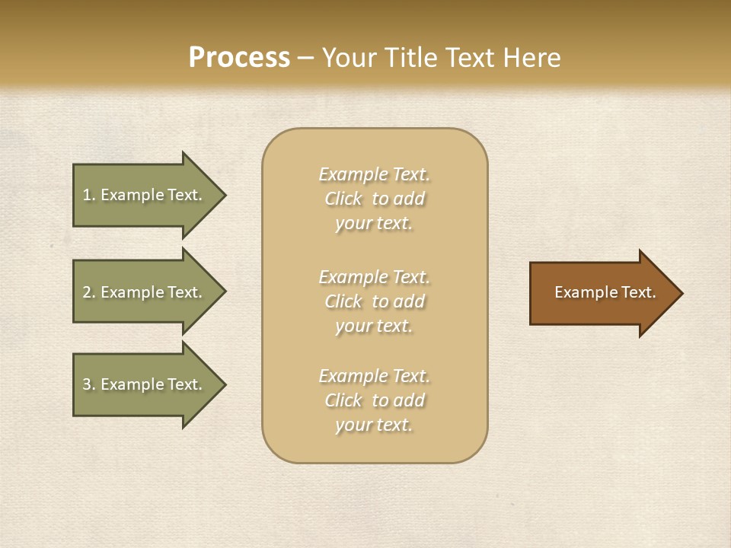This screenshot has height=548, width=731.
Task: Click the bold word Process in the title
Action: click(x=239, y=57)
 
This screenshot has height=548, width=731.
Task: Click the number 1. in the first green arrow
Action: click(x=89, y=195)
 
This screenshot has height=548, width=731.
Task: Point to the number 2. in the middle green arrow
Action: click(x=89, y=292)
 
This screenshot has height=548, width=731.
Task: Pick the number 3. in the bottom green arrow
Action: click(x=89, y=384)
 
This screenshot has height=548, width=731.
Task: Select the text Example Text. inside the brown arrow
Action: click(x=605, y=292)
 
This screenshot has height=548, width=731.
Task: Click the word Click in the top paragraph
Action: click(x=343, y=199)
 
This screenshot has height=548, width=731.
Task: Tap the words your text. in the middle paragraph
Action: click(x=373, y=326)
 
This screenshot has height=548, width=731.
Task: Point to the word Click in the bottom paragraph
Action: click(x=343, y=400)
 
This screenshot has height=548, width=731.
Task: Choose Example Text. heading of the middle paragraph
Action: click(x=374, y=277)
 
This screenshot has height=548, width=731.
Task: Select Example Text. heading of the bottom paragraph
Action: click(x=374, y=376)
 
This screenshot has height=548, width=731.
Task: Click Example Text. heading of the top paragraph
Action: click(x=374, y=174)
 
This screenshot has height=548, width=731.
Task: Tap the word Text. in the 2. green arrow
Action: click(x=185, y=292)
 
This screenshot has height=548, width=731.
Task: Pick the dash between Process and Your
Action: click(x=305, y=58)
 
